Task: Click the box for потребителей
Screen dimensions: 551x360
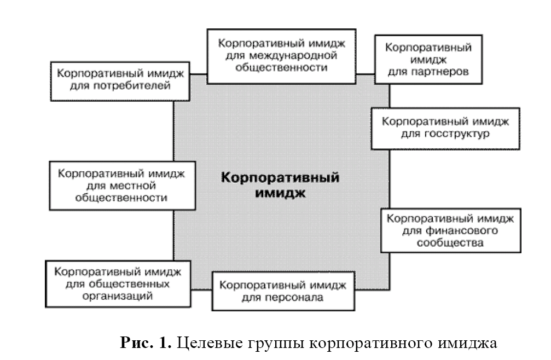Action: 120,80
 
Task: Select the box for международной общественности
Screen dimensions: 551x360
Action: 281,56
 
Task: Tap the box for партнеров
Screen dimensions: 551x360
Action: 428,60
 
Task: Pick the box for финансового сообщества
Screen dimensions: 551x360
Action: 450,230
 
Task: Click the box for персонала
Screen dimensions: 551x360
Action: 282,291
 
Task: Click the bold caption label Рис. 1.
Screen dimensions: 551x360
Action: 146,344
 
